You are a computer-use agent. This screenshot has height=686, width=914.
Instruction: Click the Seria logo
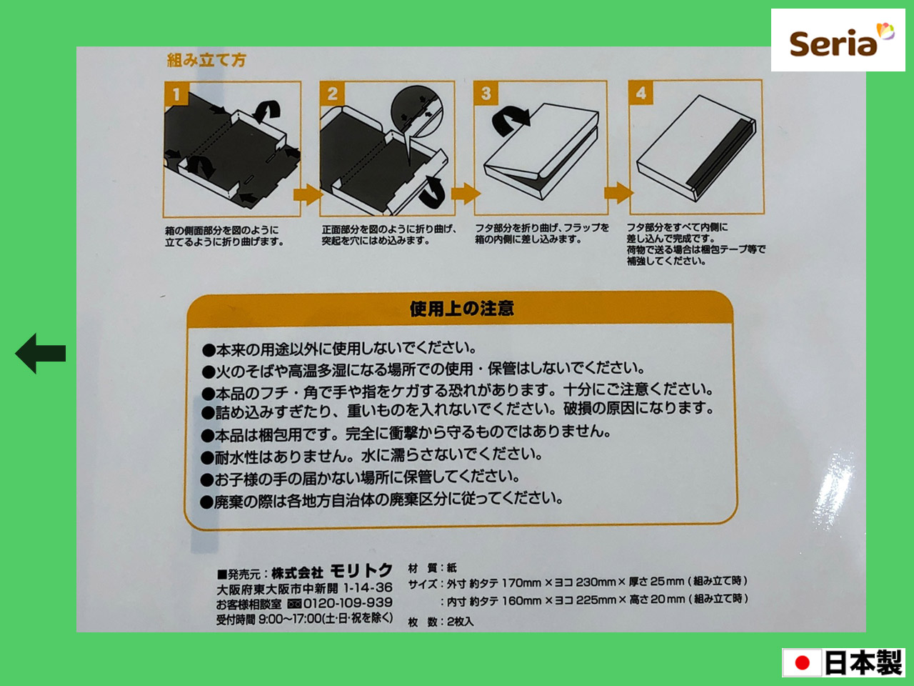[838, 40]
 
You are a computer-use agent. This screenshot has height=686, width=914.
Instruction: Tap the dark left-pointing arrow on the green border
[41, 353]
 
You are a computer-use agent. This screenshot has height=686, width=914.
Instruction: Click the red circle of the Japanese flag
[802, 663]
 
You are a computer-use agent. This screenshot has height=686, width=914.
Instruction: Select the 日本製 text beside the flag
[863, 663]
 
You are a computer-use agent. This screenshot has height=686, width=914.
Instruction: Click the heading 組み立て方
[206, 61]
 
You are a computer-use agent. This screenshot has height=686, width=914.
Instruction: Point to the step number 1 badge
[176, 94]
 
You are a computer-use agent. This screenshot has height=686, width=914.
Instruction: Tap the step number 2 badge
[332, 94]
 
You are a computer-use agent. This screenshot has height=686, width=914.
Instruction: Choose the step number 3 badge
[486, 93]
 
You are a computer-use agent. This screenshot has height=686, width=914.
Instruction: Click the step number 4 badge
[641, 92]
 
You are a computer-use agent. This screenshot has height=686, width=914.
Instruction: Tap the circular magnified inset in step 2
[416, 111]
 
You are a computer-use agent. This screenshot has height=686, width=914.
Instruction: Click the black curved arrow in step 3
[510, 119]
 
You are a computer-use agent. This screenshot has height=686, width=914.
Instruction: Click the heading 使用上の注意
[462, 309]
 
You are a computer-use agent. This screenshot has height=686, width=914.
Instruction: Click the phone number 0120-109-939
[348, 602]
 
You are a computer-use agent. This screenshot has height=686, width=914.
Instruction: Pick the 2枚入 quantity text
[460, 622]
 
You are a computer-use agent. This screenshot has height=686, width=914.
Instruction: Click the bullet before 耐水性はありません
[207, 458]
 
